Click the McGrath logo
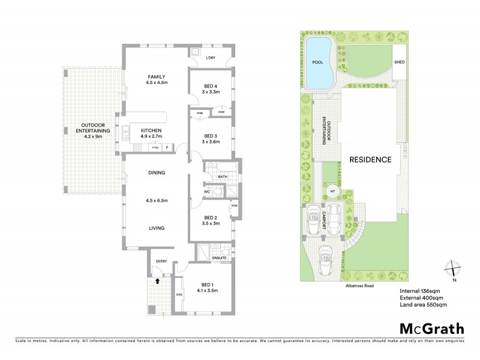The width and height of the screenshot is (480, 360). pos(431,328)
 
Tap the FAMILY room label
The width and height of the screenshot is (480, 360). pos(156,77)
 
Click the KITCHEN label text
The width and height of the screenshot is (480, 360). pos(151,130)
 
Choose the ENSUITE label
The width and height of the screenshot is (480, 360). pos(218,258)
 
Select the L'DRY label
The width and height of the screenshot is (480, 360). pos(211,58)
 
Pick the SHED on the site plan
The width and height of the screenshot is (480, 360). pos(400,62)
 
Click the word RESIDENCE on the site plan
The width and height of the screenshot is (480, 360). pos(371,160)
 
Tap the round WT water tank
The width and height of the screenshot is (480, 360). pos(331,192)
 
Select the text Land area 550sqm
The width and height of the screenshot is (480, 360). pos(423,305)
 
